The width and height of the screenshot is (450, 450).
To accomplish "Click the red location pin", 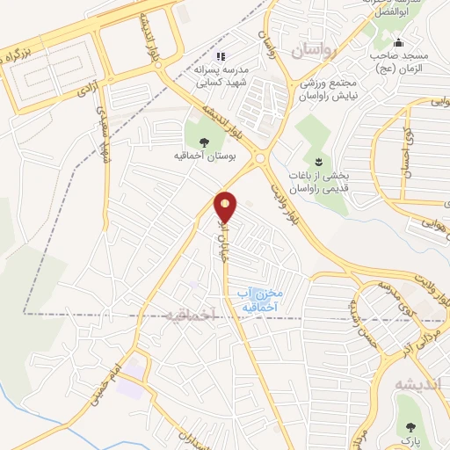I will [226, 207].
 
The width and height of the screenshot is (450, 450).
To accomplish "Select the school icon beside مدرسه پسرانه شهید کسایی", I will [221, 55].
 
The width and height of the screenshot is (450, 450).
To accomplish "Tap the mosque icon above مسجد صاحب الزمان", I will [400, 43].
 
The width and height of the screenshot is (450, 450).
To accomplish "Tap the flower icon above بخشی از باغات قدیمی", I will [319, 160].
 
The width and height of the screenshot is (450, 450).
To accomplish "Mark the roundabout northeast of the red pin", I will [261, 160].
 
